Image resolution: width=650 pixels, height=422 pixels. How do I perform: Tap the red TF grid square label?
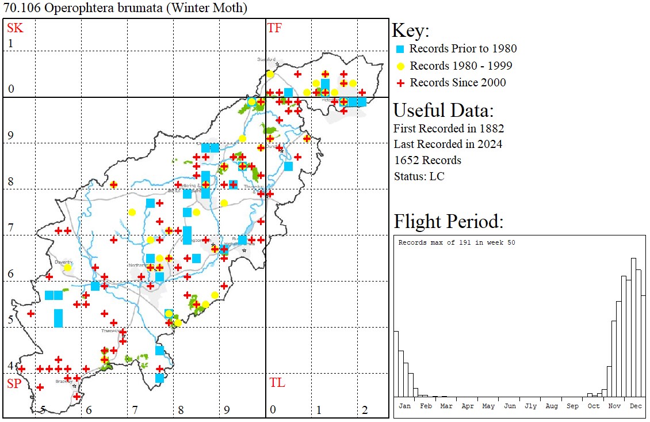point(274,28)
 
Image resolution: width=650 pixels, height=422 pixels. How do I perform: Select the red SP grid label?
point(14,383)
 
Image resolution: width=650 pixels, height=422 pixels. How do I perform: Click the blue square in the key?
point(400,49)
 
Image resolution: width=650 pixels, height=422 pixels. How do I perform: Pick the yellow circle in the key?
point(400,66)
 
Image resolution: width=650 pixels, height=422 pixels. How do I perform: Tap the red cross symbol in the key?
point(400,83)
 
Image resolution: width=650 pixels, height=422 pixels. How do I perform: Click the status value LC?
point(437,176)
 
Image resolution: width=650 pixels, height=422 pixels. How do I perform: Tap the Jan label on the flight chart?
point(405,406)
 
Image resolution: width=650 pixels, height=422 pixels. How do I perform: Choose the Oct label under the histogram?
point(594,406)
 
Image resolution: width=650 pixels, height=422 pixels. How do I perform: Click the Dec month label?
point(636,406)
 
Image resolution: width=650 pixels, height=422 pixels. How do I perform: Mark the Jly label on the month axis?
point(530,406)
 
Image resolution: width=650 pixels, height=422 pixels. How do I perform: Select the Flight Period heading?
point(448,222)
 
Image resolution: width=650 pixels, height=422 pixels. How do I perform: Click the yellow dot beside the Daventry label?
point(67,268)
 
